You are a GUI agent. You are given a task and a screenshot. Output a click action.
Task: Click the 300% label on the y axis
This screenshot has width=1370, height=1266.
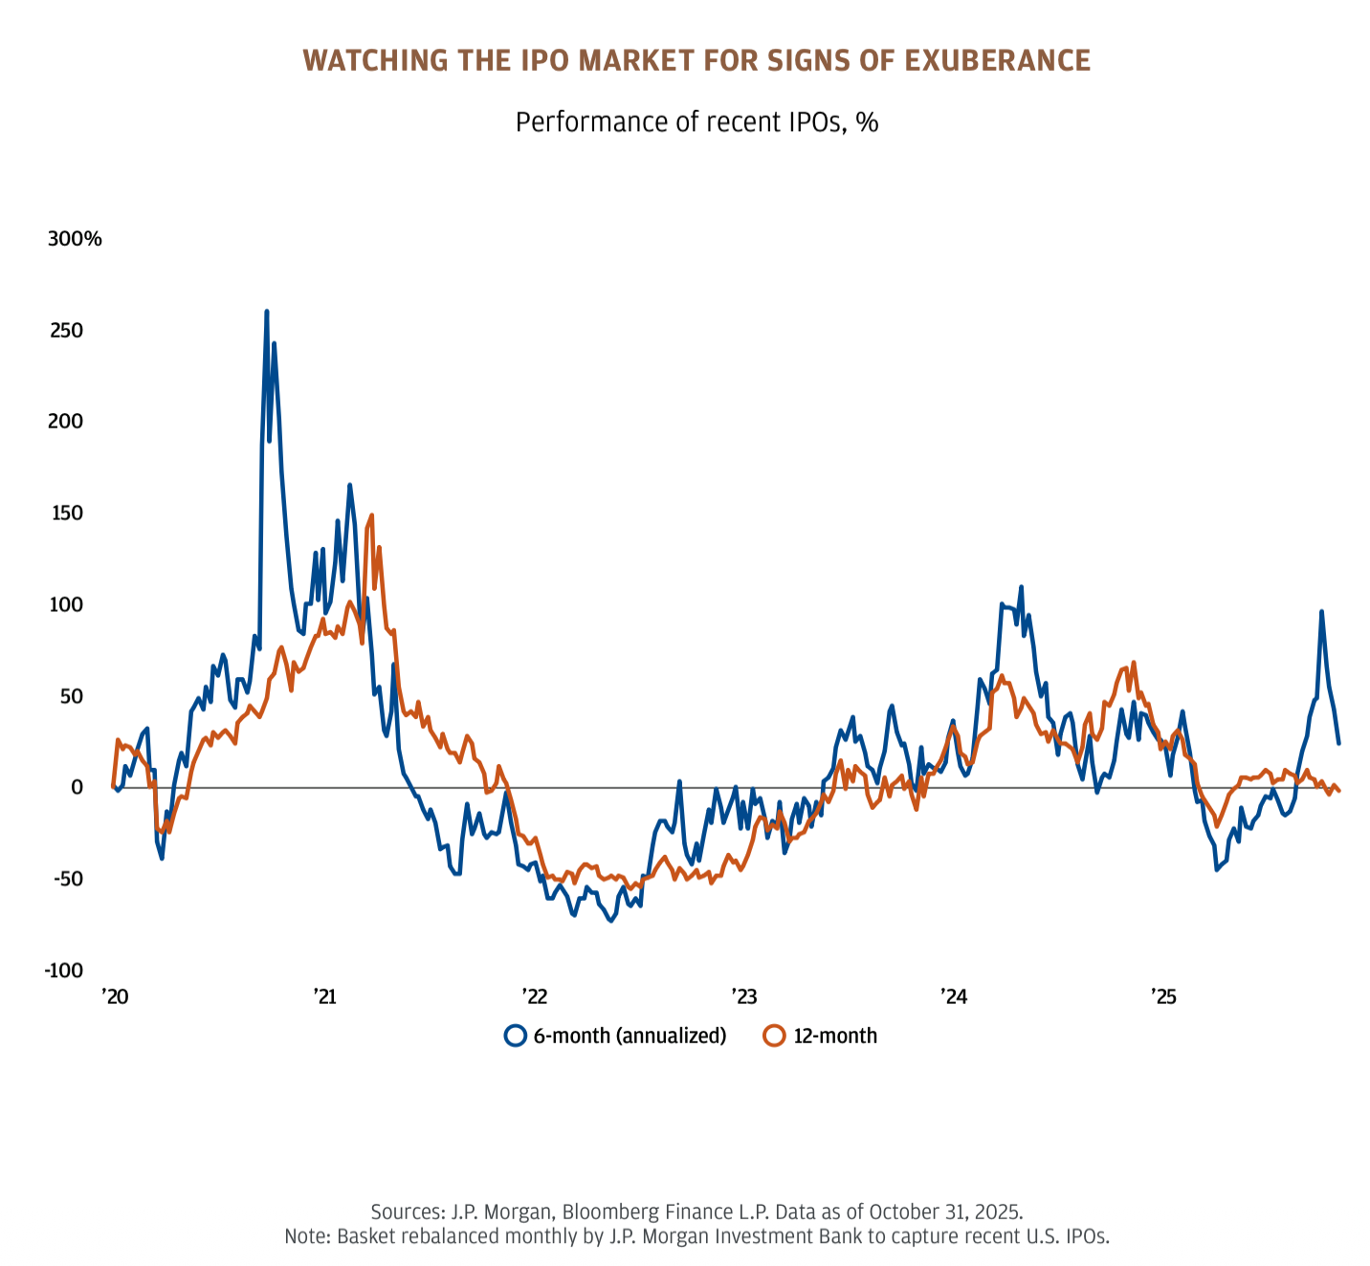click(x=75, y=239)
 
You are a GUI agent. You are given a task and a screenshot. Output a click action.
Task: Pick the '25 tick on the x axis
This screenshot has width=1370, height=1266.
click(x=1162, y=997)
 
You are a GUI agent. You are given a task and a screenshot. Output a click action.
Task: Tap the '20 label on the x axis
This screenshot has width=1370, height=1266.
click(x=115, y=997)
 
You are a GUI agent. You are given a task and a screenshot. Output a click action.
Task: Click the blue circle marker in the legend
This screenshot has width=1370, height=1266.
click(x=516, y=1036)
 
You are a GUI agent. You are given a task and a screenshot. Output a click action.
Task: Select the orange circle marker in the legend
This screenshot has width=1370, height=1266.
click(x=775, y=1036)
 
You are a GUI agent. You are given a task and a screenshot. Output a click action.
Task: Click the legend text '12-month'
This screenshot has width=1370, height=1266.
click(x=835, y=1036)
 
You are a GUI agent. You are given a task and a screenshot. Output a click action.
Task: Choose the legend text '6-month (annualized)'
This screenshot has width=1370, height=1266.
click(x=630, y=1036)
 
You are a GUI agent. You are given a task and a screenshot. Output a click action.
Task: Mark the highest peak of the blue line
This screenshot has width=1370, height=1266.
click(x=267, y=312)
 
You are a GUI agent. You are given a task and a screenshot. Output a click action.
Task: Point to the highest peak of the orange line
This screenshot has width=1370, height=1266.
click(x=371, y=515)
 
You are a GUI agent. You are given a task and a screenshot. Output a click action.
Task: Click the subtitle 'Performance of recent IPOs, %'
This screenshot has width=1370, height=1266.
click(x=696, y=122)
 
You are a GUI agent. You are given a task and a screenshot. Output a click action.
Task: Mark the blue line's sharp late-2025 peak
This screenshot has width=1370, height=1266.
click(x=1321, y=612)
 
